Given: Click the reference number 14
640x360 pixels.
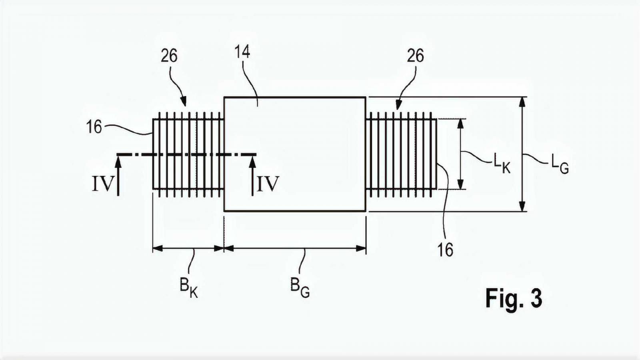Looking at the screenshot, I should [x=242, y=52].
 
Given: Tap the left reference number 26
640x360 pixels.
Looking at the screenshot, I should [x=169, y=56].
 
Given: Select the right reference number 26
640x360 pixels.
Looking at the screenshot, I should [x=415, y=56].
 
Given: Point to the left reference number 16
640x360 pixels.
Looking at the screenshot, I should [x=94, y=127].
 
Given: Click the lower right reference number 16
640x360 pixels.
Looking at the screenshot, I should [x=445, y=250].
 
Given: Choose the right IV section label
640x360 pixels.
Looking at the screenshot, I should [x=267, y=184].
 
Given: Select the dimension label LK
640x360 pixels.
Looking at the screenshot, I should [x=502, y=164].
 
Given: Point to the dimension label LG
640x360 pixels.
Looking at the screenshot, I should [x=559, y=164].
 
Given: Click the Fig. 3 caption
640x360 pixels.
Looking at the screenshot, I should [x=514, y=298].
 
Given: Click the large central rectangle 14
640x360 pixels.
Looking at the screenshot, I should [x=295, y=154].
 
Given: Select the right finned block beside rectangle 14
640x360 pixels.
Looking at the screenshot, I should [x=401, y=154].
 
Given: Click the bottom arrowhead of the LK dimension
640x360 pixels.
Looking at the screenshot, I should [x=460, y=185].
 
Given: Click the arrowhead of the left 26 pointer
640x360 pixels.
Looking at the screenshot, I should [x=184, y=102].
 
